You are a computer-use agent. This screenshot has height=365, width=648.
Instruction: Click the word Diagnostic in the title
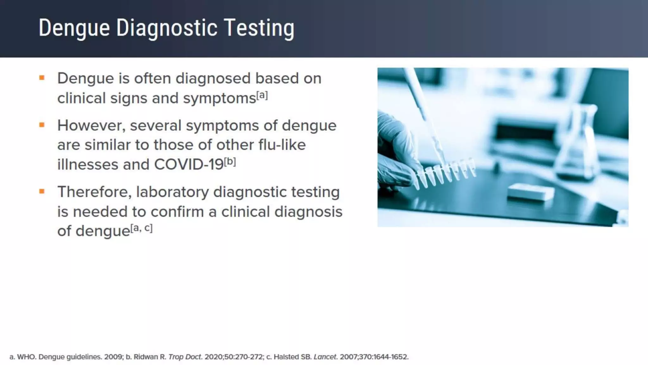[x=167, y=28]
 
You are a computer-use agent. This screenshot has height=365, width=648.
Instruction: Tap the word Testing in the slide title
[x=259, y=28]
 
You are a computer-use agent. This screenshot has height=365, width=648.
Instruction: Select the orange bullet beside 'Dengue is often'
[x=42, y=78]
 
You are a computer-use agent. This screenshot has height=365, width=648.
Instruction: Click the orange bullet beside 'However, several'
[x=42, y=125]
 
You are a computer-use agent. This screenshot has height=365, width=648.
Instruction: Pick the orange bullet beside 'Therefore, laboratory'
[x=42, y=191]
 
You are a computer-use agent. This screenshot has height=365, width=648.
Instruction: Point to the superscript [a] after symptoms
[x=262, y=95]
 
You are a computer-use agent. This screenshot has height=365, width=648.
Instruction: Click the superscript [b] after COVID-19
[x=230, y=162]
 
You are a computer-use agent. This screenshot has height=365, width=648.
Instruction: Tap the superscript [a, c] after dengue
[x=141, y=228]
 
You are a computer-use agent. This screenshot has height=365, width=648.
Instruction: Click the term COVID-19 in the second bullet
[x=189, y=164]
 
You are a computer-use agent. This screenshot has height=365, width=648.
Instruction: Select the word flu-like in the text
[x=282, y=145]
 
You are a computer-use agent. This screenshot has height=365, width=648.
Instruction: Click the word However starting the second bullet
[x=91, y=126]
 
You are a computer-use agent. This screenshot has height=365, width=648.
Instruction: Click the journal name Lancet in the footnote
[x=325, y=357]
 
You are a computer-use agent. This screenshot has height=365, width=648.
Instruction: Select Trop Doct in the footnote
[x=185, y=357]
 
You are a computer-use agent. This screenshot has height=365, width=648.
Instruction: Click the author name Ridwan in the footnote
[x=146, y=357]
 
